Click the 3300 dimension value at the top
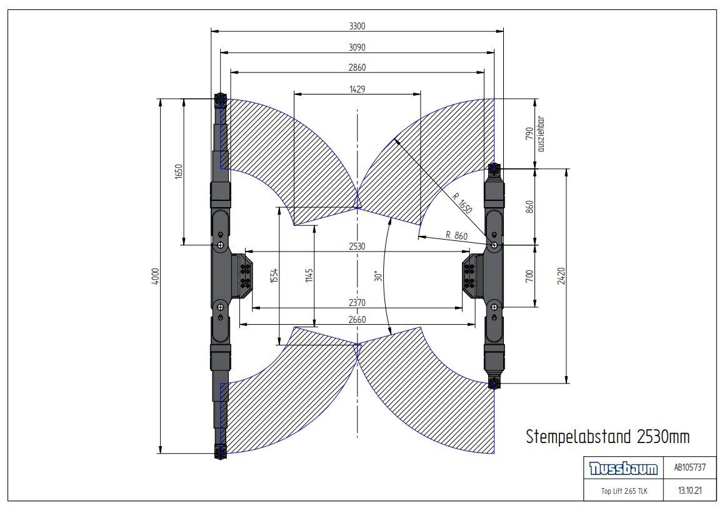coord(357,26)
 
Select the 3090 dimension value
coord(357,47)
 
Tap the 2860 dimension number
coord(357,68)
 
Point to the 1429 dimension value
coord(358,89)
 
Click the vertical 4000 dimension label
coord(155,276)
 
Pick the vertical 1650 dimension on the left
coord(179,171)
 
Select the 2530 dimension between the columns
coord(357,246)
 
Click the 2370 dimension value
coord(357,302)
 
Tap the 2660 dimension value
coord(357,320)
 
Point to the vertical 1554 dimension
coord(274,276)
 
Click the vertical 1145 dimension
coord(309,276)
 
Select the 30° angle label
coord(378,276)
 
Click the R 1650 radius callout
coord(462,203)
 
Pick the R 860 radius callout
coord(456,235)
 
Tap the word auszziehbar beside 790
coord(541,134)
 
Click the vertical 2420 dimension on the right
coord(561,276)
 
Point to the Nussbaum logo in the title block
coord(623,469)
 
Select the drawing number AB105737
coord(689,467)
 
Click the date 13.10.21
coord(689,490)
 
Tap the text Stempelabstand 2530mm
coord(608,436)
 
